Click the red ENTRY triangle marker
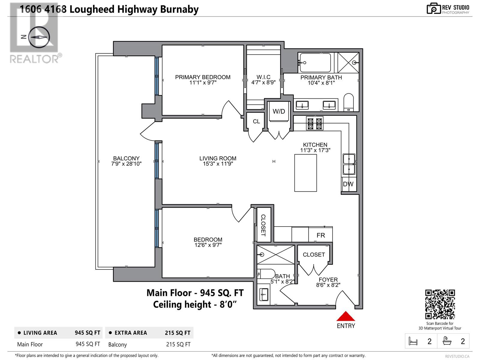346,316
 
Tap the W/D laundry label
279,112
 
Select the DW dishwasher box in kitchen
348,184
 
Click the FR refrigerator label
321,235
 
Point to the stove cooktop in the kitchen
315,123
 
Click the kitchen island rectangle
305,173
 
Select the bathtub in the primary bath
315,62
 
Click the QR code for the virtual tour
440,304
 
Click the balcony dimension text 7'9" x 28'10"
126,164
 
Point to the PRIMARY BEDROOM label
203,77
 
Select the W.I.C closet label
263,77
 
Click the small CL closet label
256,121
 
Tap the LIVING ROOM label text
218,158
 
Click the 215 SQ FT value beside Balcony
178,344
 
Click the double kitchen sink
349,164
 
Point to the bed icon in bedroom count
413,341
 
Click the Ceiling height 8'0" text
195,304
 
